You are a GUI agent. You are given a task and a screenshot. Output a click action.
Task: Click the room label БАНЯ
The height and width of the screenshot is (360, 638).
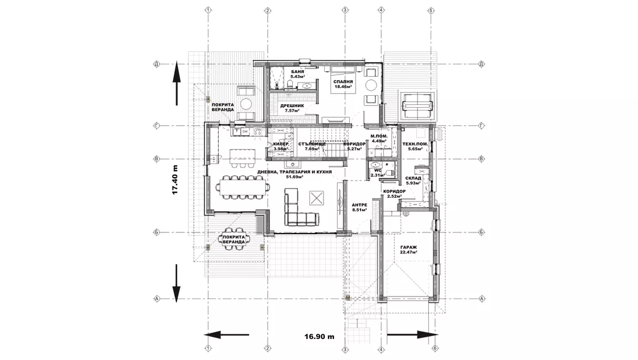point(297,72)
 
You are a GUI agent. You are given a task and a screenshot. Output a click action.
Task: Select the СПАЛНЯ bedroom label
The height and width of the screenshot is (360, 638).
point(343,81)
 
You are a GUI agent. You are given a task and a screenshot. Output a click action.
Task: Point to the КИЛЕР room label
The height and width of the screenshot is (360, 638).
point(281,144)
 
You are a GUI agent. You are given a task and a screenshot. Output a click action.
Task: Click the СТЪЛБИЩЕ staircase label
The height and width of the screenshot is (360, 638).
point(312,144)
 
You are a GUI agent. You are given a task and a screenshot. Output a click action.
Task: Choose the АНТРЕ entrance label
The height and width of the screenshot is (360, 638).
point(359,204)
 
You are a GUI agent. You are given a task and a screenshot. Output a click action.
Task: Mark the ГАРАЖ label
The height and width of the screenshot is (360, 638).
point(408,247)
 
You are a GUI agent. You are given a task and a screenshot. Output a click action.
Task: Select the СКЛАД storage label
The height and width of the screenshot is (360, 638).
point(413,178)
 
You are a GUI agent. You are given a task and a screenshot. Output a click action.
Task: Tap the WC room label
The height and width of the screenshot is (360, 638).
point(377,170)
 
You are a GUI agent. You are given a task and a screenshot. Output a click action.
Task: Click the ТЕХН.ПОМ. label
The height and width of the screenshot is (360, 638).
point(412,144)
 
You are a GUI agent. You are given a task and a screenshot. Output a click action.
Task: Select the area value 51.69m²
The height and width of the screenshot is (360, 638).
point(294,177)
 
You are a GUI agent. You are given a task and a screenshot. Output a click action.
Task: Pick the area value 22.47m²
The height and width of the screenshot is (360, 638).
point(408,253)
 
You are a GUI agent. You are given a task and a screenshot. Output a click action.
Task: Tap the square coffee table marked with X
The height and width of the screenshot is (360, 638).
point(317,198)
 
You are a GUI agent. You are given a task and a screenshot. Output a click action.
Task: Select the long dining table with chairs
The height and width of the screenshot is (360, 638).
point(243,187)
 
